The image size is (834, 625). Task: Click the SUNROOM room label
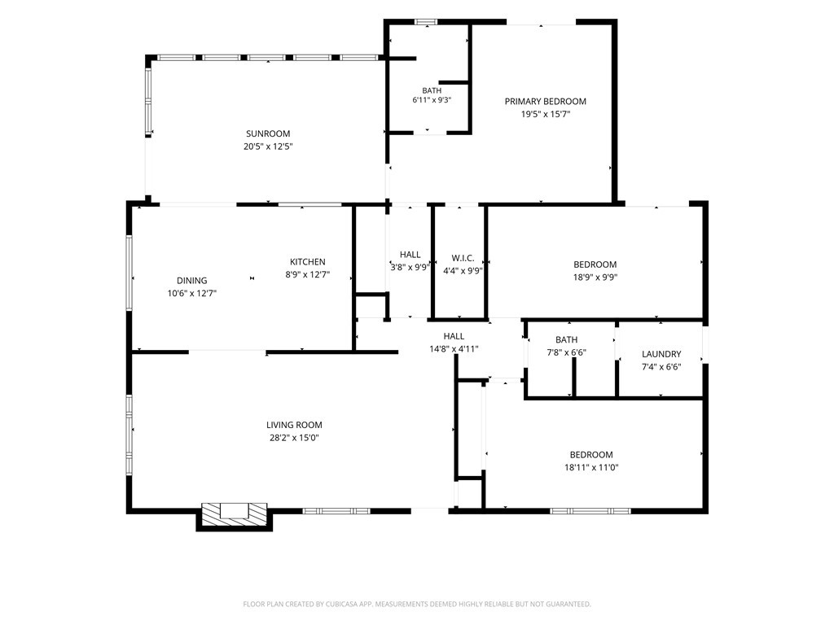(268, 134)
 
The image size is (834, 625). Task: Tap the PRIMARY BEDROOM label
(545, 102)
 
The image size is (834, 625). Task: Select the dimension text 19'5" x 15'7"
(545, 114)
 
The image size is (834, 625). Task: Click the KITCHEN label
(307, 262)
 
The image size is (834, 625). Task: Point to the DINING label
(192, 281)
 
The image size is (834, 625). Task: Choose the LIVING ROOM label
(294, 425)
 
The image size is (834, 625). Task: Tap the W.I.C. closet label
(463, 258)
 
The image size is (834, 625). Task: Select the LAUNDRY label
(661, 354)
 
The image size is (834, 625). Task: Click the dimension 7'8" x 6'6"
(567, 352)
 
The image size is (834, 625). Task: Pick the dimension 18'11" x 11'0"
(591, 468)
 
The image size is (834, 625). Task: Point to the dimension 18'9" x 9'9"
(595, 278)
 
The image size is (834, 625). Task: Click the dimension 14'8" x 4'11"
(454, 349)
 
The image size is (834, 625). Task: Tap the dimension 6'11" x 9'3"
(432, 100)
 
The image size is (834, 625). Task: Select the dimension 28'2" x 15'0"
(294, 438)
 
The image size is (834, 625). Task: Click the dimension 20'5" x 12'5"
(268, 146)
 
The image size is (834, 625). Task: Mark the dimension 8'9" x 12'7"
(307, 275)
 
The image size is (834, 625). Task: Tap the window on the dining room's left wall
(129, 273)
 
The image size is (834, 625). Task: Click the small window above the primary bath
(425, 22)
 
